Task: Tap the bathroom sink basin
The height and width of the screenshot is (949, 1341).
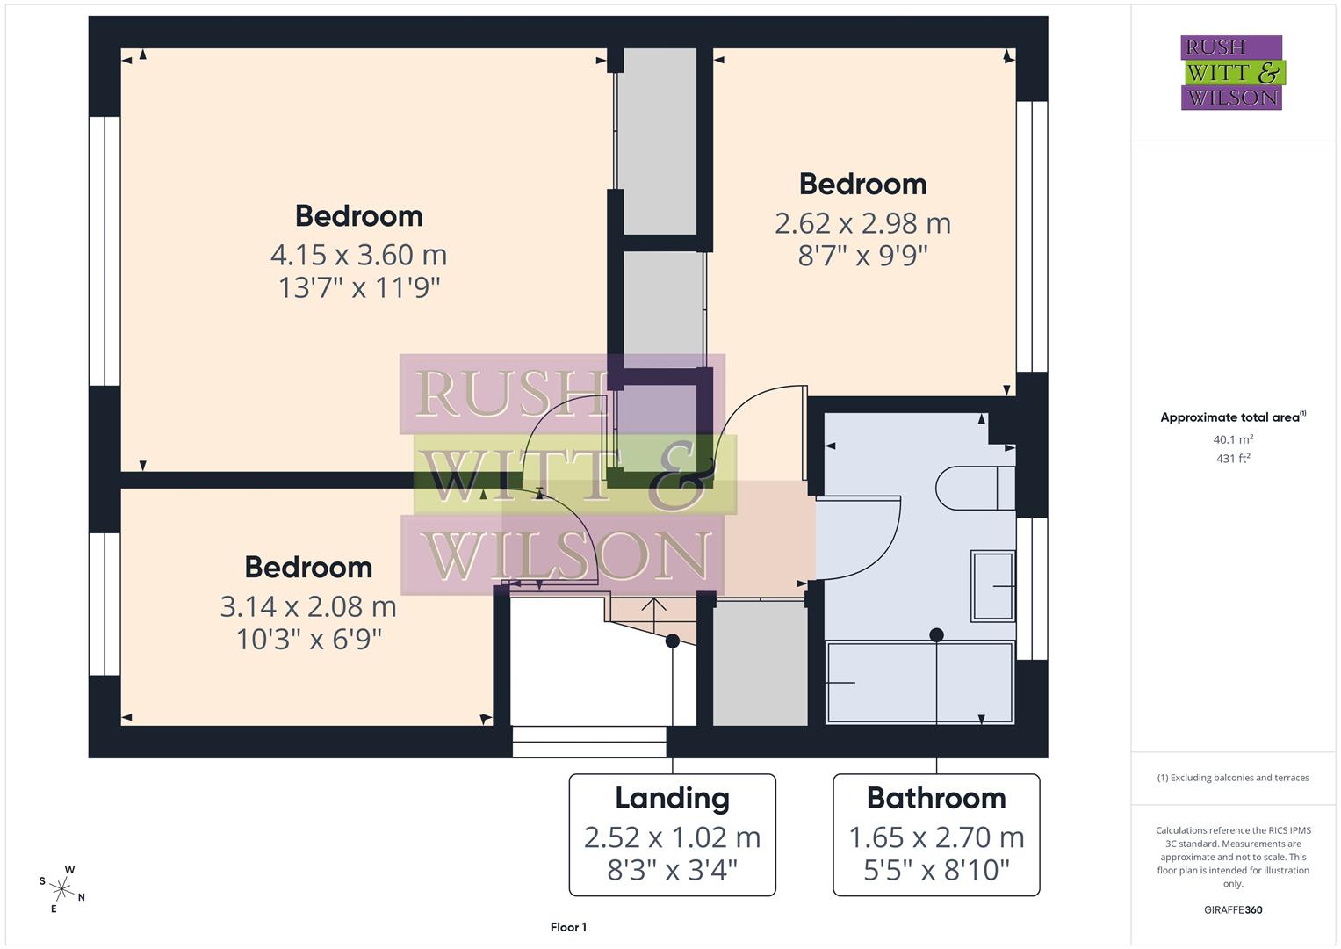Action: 992,586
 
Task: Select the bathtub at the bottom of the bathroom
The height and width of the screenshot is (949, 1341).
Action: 919,683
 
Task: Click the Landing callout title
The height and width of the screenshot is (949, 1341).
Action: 672,798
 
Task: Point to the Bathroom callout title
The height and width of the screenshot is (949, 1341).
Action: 936,798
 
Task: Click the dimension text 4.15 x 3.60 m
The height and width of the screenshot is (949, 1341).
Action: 358,255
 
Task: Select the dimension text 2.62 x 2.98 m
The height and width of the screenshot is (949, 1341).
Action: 862,223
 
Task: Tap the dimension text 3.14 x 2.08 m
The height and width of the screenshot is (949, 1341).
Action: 308,606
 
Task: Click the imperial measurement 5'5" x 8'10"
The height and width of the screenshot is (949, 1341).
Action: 936,870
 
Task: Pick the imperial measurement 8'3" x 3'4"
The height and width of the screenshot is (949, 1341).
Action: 672,870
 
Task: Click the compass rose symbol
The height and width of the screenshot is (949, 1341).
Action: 62,888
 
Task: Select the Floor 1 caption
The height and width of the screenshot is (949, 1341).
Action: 568,927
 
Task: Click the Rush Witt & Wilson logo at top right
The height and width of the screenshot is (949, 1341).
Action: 1231,72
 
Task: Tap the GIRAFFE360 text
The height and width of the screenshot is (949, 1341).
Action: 1233,909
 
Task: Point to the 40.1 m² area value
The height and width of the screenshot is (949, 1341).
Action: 1233,439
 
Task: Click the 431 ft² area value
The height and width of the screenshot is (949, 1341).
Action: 1233,458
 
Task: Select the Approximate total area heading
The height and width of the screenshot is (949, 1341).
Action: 1232,417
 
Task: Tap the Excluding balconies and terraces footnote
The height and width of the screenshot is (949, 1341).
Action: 1233,778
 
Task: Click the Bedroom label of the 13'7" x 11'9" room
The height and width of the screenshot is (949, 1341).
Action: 358,216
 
